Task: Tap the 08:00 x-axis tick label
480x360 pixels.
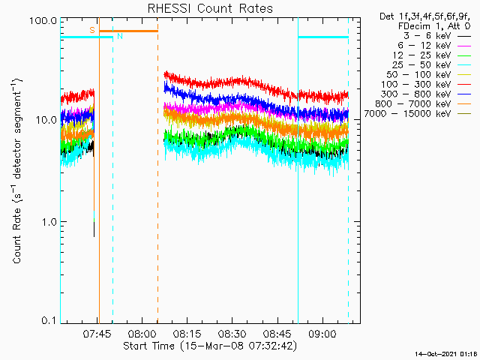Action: coord(142,334)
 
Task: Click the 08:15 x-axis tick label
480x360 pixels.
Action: coord(187,334)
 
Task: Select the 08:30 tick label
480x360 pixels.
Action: coord(232,334)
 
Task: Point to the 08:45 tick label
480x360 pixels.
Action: coord(277,334)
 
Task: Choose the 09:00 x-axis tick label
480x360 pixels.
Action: coord(322,334)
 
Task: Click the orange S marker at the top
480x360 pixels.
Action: coord(91,30)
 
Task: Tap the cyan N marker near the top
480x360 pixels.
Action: coord(119,36)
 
